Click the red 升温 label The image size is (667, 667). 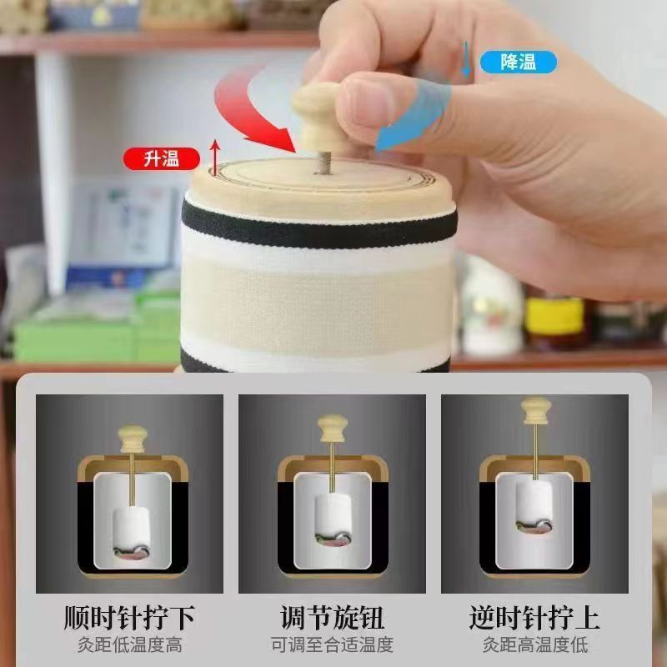click(162, 158)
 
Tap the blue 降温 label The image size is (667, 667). click(518, 62)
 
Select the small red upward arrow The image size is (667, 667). click(216, 157)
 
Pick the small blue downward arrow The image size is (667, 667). click(466, 59)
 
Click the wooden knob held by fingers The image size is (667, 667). click(316, 117)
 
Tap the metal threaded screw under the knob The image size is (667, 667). click(323, 163)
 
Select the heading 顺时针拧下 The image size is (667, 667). click(129, 618)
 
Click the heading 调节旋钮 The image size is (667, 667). click(332, 618)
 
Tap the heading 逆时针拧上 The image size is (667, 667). click(534, 618)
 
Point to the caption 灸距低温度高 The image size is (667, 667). click(129, 644)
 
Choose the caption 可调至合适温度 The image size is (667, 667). click(332, 644)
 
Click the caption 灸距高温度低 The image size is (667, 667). click(534, 644)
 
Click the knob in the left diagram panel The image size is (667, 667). click(133, 439)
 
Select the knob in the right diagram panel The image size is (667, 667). click(536, 410)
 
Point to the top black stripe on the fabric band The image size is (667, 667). click(319, 226)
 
